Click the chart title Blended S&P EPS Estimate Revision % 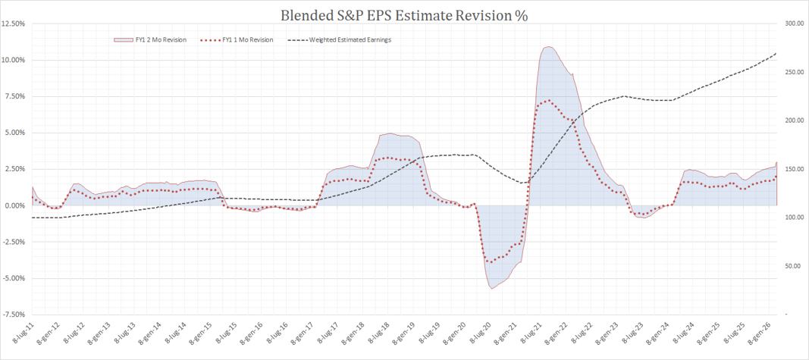pyautogui.click(x=404, y=14)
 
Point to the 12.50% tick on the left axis pyautogui.click(x=13, y=23)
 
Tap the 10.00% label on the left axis pyautogui.click(x=13, y=60)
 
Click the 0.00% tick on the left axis pyautogui.click(x=14, y=205)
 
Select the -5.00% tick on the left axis pyautogui.click(x=14, y=278)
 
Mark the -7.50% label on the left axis pyautogui.click(x=14, y=315)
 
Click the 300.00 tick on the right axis pyautogui.click(x=792, y=23)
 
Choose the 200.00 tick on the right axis pyautogui.click(x=792, y=121)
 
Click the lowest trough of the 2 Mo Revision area pyautogui.click(x=491, y=289)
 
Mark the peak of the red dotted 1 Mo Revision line pyautogui.click(x=547, y=101)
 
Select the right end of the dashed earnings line pyautogui.click(x=776, y=53)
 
